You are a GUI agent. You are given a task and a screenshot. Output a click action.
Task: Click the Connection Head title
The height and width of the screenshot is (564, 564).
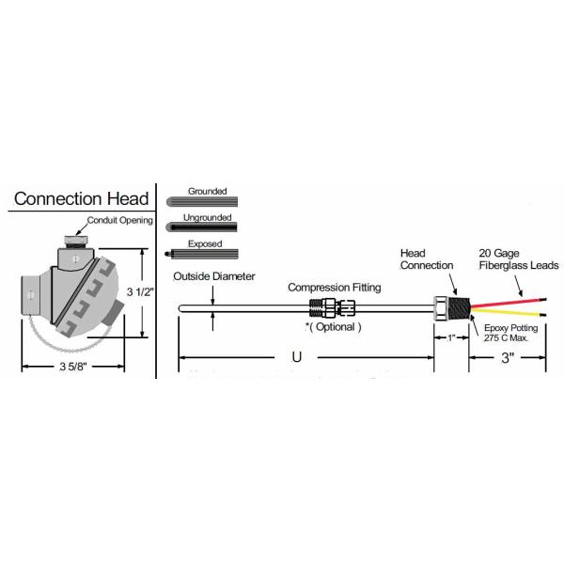click(81, 198)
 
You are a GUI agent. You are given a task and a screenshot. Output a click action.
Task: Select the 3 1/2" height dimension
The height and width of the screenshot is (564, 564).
click(141, 291)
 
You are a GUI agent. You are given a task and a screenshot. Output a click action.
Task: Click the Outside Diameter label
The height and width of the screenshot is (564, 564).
click(213, 276)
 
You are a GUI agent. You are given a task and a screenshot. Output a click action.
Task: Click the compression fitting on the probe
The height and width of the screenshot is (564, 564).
click(333, 306)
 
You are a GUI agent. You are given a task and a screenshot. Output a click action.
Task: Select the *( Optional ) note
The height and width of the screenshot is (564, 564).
click(333, 326)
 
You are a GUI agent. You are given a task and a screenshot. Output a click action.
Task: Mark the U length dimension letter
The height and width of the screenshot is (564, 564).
click(298, 358)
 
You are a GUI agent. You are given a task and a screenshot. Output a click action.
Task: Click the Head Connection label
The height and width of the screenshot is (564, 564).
click(420, 260)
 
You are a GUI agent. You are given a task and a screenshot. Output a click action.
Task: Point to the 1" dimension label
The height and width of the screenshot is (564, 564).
click(450, 337)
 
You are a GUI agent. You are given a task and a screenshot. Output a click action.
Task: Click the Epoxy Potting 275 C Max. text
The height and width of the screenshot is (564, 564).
click(512, 334)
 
